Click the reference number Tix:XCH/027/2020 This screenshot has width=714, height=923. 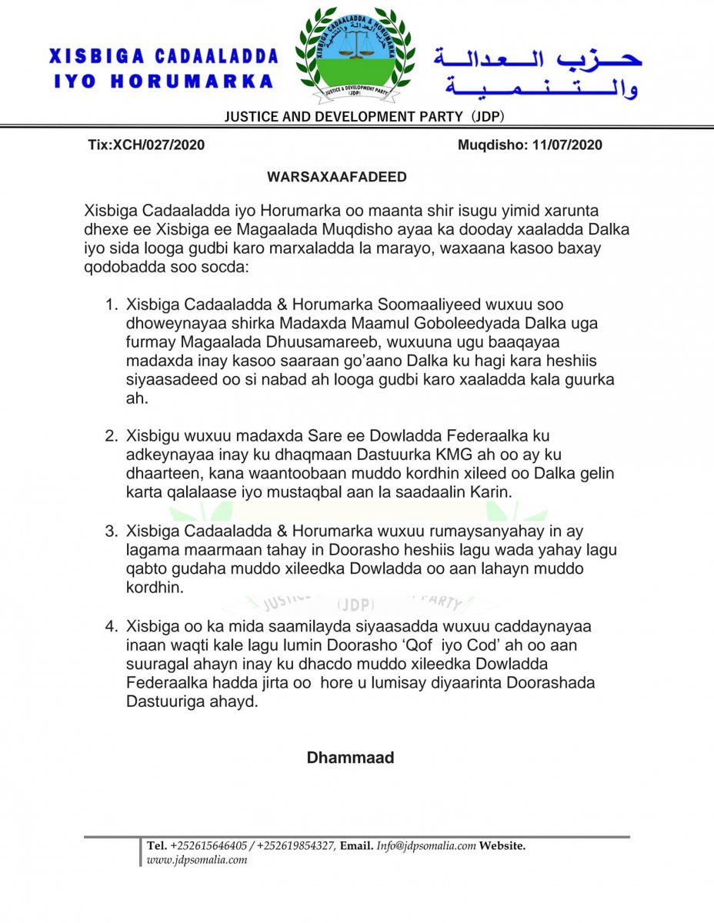tap(147, 145)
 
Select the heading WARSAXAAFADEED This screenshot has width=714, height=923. tap(337, 177)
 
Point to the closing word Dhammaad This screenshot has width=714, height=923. tap(350, 758)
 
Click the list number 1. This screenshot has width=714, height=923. tap(110, 305)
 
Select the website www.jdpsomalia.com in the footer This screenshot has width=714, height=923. tap(197, 860)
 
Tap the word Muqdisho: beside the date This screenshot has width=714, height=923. tap(492, 145)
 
